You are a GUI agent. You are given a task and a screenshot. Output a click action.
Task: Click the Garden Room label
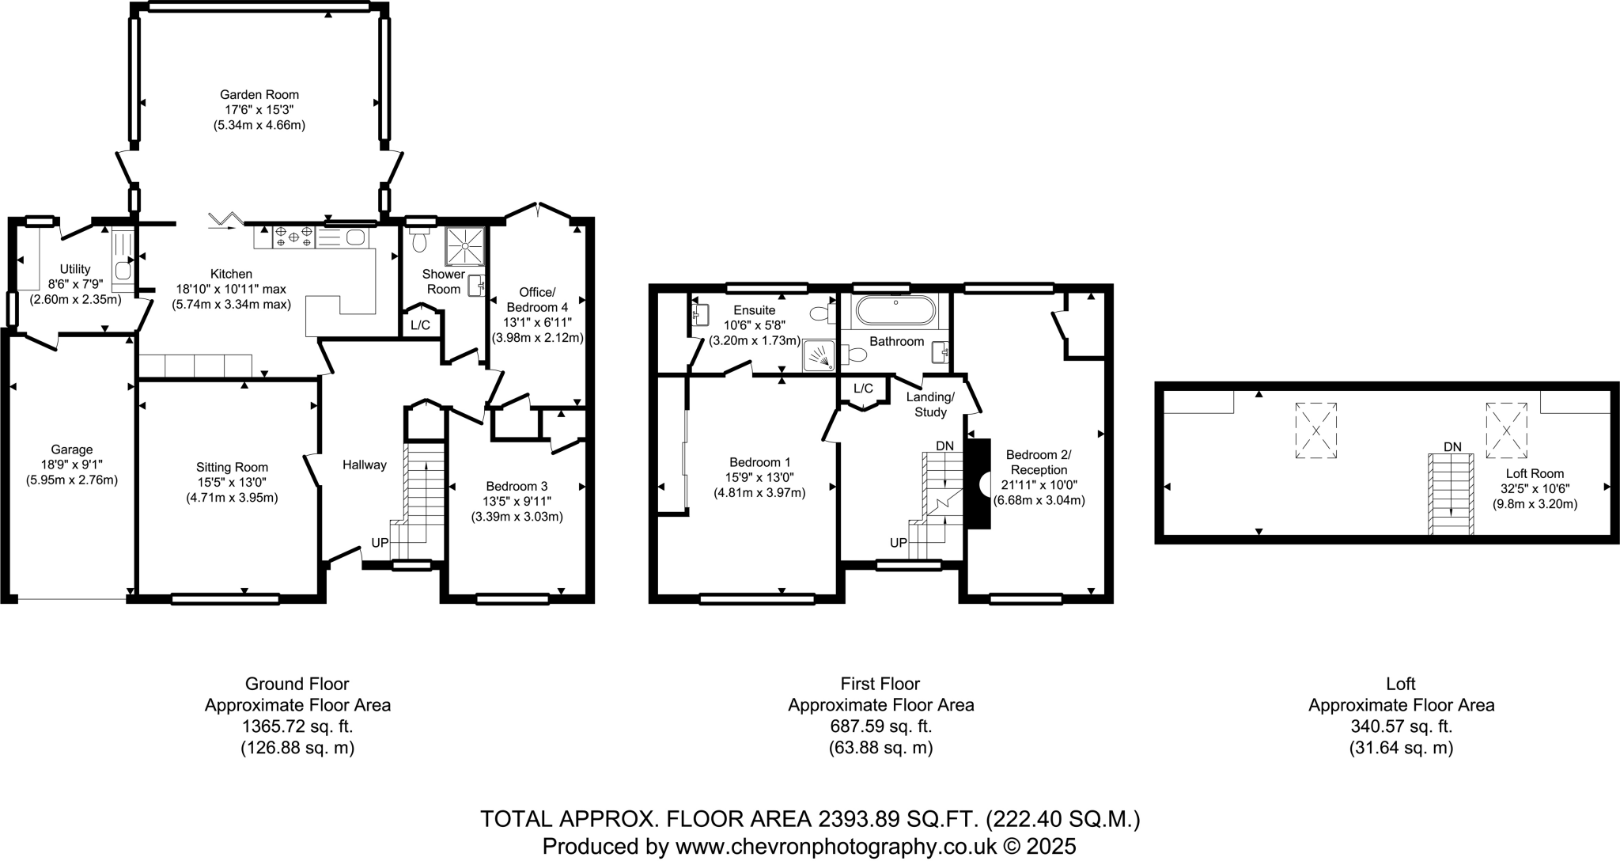(259, 95)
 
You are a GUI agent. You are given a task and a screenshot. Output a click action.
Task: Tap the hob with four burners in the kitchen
(293, 237)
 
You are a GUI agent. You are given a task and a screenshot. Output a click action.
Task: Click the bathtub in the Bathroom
(895, 311)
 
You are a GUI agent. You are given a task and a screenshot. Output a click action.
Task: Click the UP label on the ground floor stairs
(380, 544)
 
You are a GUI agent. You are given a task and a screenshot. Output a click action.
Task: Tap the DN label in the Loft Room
(1452, 446)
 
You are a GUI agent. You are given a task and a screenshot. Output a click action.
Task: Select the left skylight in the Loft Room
(1315, 430)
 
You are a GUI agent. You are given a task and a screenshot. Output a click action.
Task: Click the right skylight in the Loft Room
(1506, 430)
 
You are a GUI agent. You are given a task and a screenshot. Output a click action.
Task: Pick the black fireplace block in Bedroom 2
(978, 484)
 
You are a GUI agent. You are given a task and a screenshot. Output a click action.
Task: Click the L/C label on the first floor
(863, 389)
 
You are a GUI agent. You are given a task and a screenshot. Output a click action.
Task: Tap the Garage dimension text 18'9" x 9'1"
(72, 465)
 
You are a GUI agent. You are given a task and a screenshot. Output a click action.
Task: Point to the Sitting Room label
(232, 468)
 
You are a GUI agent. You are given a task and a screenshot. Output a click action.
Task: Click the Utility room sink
(123, 271)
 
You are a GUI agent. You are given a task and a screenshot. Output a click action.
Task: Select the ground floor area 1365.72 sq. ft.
(297, 726)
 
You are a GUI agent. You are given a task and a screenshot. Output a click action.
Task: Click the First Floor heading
(880, 684)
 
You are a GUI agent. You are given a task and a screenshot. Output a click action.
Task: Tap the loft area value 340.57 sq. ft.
(1401, 726)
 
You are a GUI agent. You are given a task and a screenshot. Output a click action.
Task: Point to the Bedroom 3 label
(517, 486)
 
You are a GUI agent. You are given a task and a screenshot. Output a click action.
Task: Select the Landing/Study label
(930, 404)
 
